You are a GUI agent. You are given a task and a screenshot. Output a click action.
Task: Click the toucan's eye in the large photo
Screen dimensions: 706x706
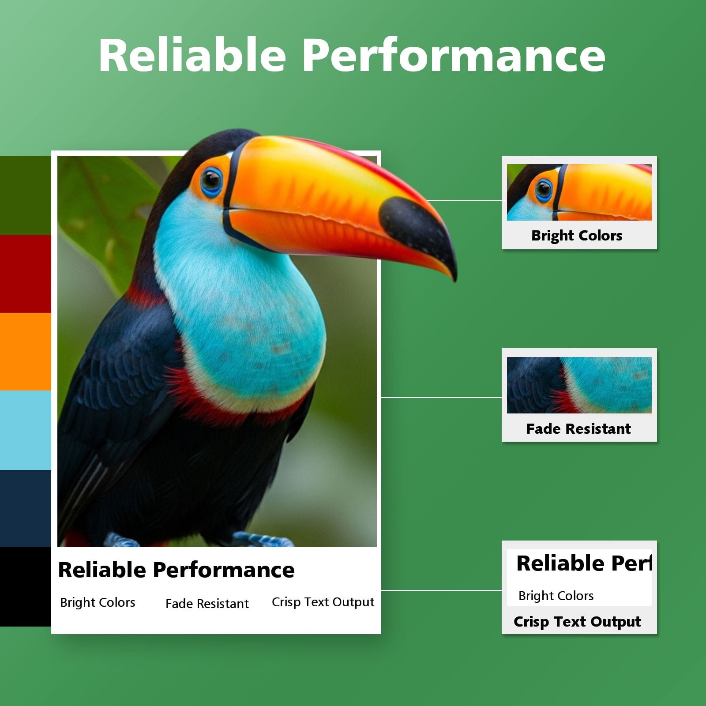211,180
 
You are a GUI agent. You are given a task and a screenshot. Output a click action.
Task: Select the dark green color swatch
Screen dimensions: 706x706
26,195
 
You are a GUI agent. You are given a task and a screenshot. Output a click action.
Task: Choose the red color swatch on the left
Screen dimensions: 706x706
26,274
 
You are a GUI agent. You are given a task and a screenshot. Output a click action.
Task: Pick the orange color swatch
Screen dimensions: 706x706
26,352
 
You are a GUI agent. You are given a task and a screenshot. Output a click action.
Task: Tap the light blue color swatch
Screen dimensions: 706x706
26,430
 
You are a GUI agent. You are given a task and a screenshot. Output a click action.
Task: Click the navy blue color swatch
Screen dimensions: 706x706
26,508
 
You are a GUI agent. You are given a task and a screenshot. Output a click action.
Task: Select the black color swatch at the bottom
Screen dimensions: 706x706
26,586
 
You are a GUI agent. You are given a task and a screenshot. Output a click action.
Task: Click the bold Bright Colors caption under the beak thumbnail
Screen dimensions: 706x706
577,236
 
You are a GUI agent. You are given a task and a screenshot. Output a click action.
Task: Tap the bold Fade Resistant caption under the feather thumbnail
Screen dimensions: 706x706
578,428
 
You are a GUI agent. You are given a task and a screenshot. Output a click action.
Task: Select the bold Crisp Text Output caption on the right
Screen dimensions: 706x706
577,621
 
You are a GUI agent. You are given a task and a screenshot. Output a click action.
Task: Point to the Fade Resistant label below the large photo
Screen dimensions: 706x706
207,603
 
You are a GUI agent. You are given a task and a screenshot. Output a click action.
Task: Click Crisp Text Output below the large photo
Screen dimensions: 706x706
323,602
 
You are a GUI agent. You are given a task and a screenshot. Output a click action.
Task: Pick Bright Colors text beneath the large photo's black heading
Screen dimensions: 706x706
98,602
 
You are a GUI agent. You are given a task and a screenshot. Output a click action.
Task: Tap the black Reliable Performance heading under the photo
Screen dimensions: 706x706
176,570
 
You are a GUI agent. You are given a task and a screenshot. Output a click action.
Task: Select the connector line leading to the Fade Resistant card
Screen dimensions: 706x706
441,398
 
